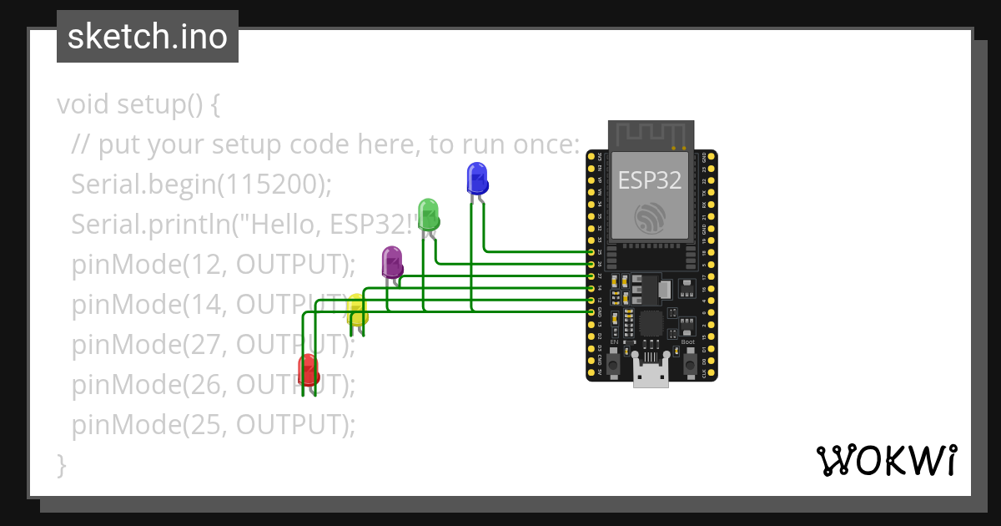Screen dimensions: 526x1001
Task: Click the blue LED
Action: click(476, 178)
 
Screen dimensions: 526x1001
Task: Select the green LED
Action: click(428, 214)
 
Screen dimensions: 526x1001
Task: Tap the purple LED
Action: click(392, 261)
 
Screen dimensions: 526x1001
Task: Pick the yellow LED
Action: click(356, 310)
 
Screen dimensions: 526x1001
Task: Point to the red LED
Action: click(308, 368)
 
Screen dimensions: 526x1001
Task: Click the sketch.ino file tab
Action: click(148, 37)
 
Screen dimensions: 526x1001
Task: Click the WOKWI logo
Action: click(886, 460)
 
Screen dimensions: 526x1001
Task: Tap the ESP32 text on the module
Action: click(650, 180)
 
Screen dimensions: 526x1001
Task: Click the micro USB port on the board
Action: click(651, 375)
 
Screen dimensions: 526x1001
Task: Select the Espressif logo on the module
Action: click(651, 219)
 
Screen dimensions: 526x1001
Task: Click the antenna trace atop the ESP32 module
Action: click(651, 134)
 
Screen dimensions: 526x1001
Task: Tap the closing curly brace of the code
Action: click(61, 464)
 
